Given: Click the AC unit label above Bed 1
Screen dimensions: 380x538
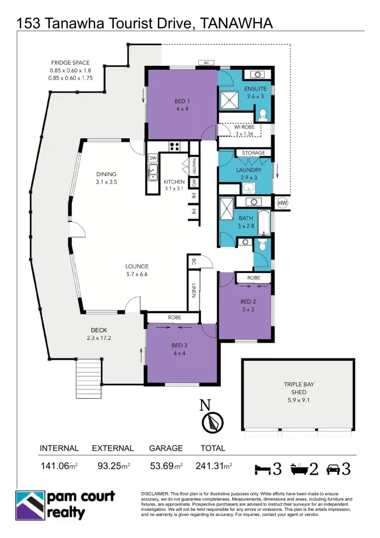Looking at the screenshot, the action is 206,63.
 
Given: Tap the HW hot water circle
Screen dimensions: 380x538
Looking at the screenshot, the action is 282,203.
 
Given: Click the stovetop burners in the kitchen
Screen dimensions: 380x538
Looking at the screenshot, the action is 174,147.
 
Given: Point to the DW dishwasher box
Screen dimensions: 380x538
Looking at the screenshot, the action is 152,158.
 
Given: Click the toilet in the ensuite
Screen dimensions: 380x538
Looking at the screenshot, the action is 263,115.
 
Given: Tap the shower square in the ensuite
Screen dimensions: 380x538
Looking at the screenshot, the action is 228,100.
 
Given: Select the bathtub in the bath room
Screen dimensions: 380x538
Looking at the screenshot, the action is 264,223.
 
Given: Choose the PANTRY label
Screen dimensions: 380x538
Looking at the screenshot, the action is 194,165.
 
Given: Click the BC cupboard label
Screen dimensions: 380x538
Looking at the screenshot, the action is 194,262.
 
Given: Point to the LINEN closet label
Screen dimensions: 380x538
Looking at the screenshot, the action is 194,291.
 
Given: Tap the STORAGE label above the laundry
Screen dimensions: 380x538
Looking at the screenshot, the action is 254,153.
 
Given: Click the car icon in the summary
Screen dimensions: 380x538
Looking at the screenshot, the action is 333,469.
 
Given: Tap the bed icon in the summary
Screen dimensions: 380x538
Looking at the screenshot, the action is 263,469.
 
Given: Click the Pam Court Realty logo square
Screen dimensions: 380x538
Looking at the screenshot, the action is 30,505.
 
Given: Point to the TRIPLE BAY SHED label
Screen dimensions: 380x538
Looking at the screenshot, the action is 298,388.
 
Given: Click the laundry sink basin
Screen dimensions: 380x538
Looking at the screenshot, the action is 248,187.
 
